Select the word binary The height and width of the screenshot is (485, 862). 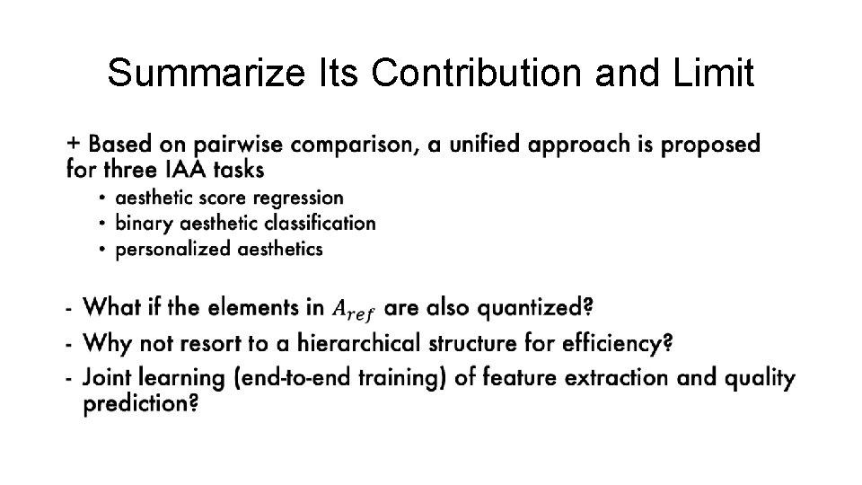143,223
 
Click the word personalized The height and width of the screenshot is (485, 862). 173,249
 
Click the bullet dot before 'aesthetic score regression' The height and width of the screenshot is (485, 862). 104,198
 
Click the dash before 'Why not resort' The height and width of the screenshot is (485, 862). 69,344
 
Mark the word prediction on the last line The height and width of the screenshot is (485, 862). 140,404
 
